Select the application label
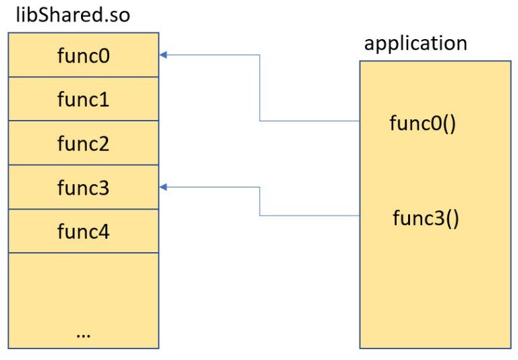pyautogui.click(x=415, y=44)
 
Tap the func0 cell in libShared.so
pyautogui.click(x=84, y=55)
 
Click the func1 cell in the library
pyautogui.click(x=84, y=100)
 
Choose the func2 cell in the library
pyautogui.click(x=84, y=144)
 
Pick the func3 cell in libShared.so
pyautogui.click(x=84, y=187)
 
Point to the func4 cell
pyautogui.click(x=84, y=231)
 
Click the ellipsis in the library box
pyautogui.click(x=84, y=333)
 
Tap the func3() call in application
pyautogui.click(x=426, y=219)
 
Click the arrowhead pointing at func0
pyautogui.click(x=163, y=55)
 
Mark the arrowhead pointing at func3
pyautogui.click(x=163, y=187)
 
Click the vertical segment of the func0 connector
pyautogui.click(x=260, y=88)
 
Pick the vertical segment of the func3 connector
pyautogui.click(x=260, y=201)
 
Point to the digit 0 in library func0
pyautogui.click(x=105, y=55)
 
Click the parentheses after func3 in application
pyautogui.click(x=451, y=220)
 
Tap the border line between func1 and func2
pyautogui.click(x=84, y=121)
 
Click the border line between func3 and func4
pyautogui.click(x=84, y=209)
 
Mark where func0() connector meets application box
pyautogui.click(x=359, y=121)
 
